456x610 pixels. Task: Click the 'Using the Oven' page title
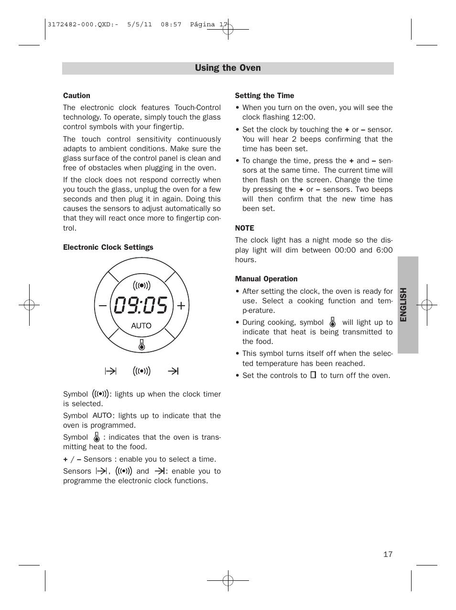point(228,68)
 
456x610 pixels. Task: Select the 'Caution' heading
point(76,96)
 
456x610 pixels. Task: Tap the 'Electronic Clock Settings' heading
point(108,247)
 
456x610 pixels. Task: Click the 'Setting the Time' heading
point(264,96)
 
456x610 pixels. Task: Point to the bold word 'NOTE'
point(244,228)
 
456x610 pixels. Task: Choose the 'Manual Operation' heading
point(266,279)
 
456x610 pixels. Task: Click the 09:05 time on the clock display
point(141,306)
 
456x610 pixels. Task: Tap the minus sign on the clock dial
point(103,306)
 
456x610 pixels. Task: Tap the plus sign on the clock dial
point(181,306)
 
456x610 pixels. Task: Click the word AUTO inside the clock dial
point(141,326)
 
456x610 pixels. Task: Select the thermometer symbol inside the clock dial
point(141,344)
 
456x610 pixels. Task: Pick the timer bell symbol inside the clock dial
point(141,286)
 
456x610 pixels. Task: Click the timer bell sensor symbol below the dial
point(141,371)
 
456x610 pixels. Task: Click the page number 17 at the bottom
point(387,555)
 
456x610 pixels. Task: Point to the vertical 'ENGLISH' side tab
point(404,305)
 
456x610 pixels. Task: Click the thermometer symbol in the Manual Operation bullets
point(333,322)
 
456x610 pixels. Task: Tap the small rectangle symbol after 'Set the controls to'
point(313,375)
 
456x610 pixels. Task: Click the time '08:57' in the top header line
point(171,24)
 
